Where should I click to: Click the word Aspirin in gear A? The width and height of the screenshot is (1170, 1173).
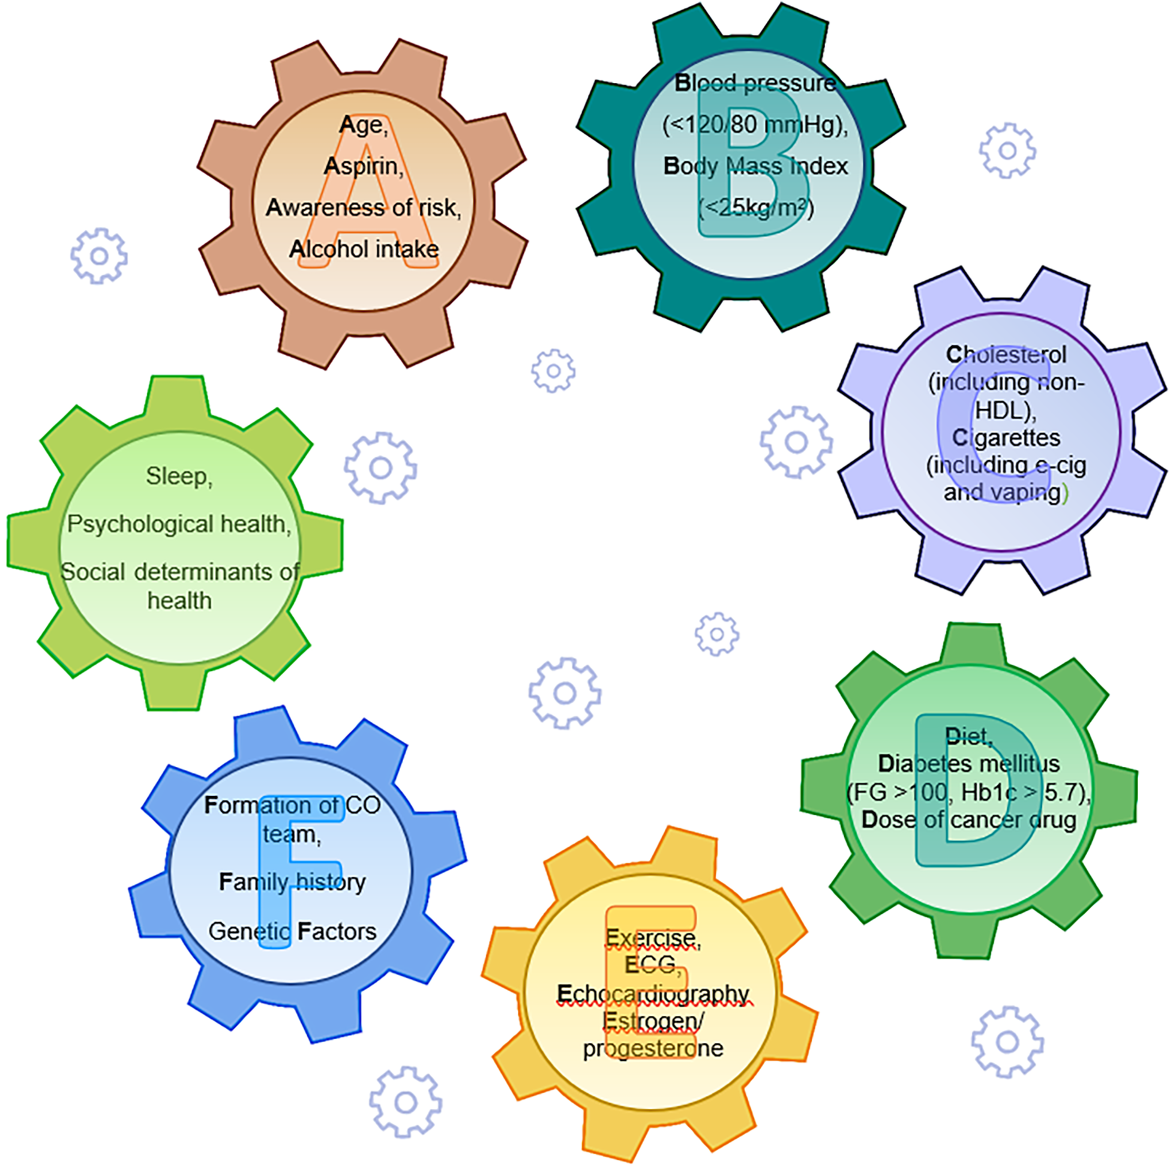pyautogui.click(x=362, y=166)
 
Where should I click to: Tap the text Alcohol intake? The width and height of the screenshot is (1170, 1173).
pyautogui.click(x=363, y=249)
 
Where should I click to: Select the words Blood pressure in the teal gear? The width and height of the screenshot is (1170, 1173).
pyautogui.click(x=755, y=83)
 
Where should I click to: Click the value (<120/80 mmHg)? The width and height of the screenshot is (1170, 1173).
pyautogui.click(x=755, y=125)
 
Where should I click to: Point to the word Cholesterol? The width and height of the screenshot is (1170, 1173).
pyautogui.click(x=1006, y=355)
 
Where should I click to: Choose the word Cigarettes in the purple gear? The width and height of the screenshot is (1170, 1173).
pyautogui.click(x=1006, y=437)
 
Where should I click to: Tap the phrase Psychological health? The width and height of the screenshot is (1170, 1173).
pyautogui.click(x=179, y=524)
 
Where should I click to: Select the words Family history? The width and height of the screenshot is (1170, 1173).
pyautogui.click(x=292, y=882)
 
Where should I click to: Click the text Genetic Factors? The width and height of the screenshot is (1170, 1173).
pyautogui.click(x=292, y=931)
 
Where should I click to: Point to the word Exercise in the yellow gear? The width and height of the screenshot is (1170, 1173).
pyautogui.click(x=652, y=938)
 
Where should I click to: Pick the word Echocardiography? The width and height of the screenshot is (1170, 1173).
pyautogui.click(x=653, y=993)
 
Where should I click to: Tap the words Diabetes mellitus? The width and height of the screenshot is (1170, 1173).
pyautogui.click(x=968, y=764)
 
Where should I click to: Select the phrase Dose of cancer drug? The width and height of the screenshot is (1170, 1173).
pyautogui.click(x=968, y=820)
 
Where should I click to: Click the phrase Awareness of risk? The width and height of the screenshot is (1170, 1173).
pyautogui.click(x=363, y=208)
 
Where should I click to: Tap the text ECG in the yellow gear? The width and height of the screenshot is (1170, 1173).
pyautogui.click(x=650, y=965)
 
